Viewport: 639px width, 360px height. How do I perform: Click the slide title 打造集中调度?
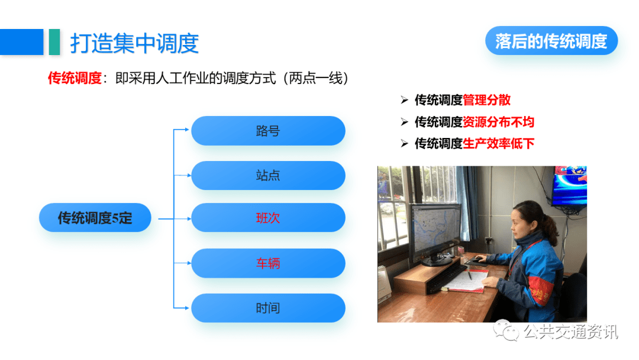134,43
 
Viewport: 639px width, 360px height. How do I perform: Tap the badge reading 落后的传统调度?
551,41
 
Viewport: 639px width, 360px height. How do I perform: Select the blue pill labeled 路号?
268,131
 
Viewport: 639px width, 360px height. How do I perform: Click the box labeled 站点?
268,175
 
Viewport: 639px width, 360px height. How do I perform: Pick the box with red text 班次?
268,218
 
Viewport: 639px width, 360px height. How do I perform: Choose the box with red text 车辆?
268,263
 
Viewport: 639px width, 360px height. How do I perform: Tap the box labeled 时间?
268,308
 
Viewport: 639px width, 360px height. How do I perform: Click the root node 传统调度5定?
95,218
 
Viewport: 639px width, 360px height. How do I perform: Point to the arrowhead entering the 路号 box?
187,130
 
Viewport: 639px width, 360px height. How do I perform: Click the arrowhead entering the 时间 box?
187,308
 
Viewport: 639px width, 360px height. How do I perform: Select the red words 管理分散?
486,100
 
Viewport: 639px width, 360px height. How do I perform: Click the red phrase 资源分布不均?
498,122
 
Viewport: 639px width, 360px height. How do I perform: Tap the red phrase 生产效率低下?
498,143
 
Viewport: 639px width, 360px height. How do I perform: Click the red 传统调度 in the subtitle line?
75,78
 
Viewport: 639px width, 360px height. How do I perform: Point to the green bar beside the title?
54,42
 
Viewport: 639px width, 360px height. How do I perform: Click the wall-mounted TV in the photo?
570,185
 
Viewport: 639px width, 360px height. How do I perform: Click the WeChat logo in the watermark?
506,330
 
